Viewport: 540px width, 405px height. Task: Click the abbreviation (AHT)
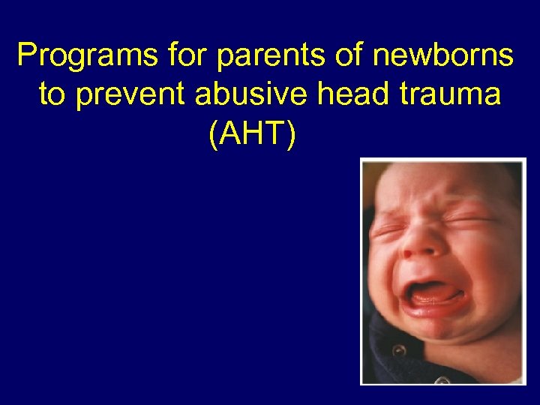point(253,135)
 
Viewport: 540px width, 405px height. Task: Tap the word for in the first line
point(166,56)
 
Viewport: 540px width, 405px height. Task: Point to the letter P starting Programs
point(26,56)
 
